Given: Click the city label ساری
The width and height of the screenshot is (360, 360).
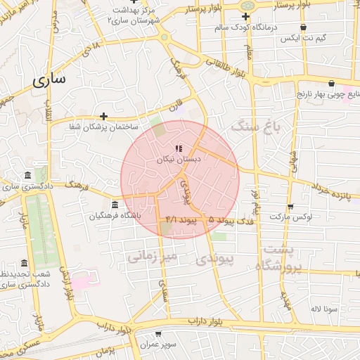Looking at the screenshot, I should point(49,79).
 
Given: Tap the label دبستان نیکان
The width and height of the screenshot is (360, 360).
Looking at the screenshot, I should point(179,160).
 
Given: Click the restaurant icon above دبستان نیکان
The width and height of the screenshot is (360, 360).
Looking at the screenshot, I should point(179,148).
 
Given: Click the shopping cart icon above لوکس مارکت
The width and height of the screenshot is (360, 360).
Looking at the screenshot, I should point(290,206).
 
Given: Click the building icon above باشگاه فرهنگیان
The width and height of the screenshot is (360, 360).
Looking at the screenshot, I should point(115,205).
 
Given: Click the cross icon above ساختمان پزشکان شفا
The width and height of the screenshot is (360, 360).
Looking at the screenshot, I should point(104,116).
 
